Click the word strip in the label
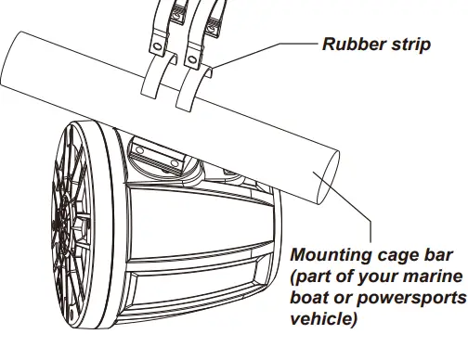(x=409, y=45)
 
